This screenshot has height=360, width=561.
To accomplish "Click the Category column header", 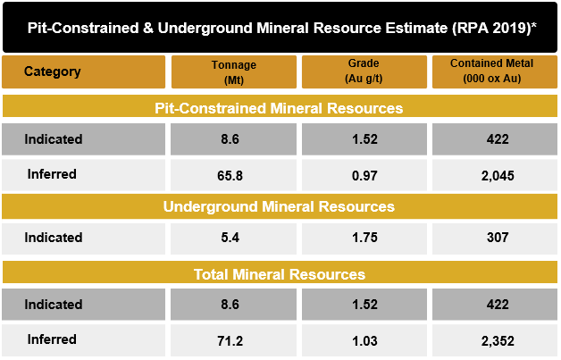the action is coord(52,71).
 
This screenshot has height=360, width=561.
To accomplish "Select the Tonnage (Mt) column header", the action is coord(234,72).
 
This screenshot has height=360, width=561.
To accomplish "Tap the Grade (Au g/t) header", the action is coord(364,71).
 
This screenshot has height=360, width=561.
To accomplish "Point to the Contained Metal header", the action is coord(491,71).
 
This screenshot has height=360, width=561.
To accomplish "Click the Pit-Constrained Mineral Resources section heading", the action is coord(279,108).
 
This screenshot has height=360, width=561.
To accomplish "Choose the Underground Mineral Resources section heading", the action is coord(279,206).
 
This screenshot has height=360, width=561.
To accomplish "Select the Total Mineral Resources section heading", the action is coord(280,274).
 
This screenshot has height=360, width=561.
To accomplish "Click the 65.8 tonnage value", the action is coord(230,176).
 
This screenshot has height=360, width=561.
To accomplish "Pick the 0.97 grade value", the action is coord(364,176).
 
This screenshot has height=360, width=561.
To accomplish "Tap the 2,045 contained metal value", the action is coord(498,176).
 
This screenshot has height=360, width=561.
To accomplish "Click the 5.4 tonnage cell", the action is coord(230,238).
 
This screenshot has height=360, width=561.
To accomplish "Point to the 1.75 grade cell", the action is coord(364,238).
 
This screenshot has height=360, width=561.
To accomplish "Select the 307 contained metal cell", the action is coord(498,238).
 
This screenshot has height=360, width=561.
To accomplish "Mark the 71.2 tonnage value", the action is coord(230,341).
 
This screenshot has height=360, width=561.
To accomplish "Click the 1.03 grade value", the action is coord(364,341).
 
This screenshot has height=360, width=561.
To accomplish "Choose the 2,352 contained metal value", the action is coord(498,341).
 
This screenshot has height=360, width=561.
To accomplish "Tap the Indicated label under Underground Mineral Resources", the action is coord(54,238).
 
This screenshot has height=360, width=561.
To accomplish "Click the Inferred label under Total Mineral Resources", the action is coord(52,339).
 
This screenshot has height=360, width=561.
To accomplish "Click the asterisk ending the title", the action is coord(534,25).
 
